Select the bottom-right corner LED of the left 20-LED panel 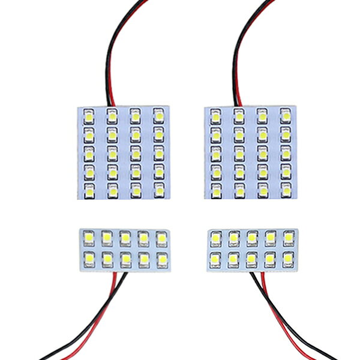[158, 190]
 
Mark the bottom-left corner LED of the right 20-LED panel [215, 190]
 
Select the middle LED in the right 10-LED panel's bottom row [251, 259]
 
